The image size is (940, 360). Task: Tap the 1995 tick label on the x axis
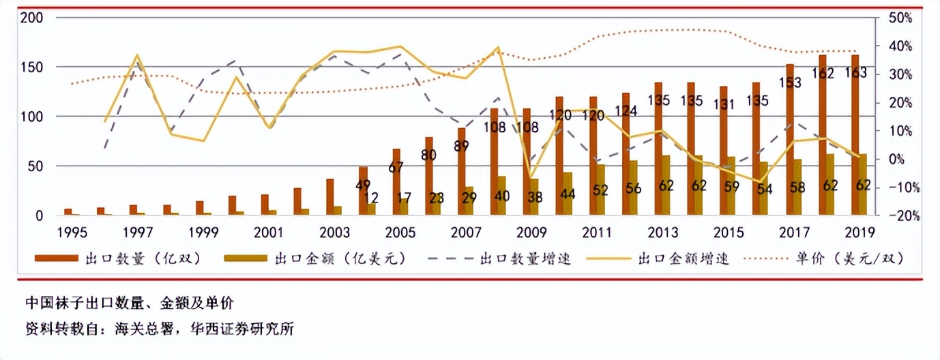[72, 232]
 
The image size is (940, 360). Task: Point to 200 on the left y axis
[32, 18]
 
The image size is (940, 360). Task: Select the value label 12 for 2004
[371, 198]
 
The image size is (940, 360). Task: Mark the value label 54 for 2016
[764, 190]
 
